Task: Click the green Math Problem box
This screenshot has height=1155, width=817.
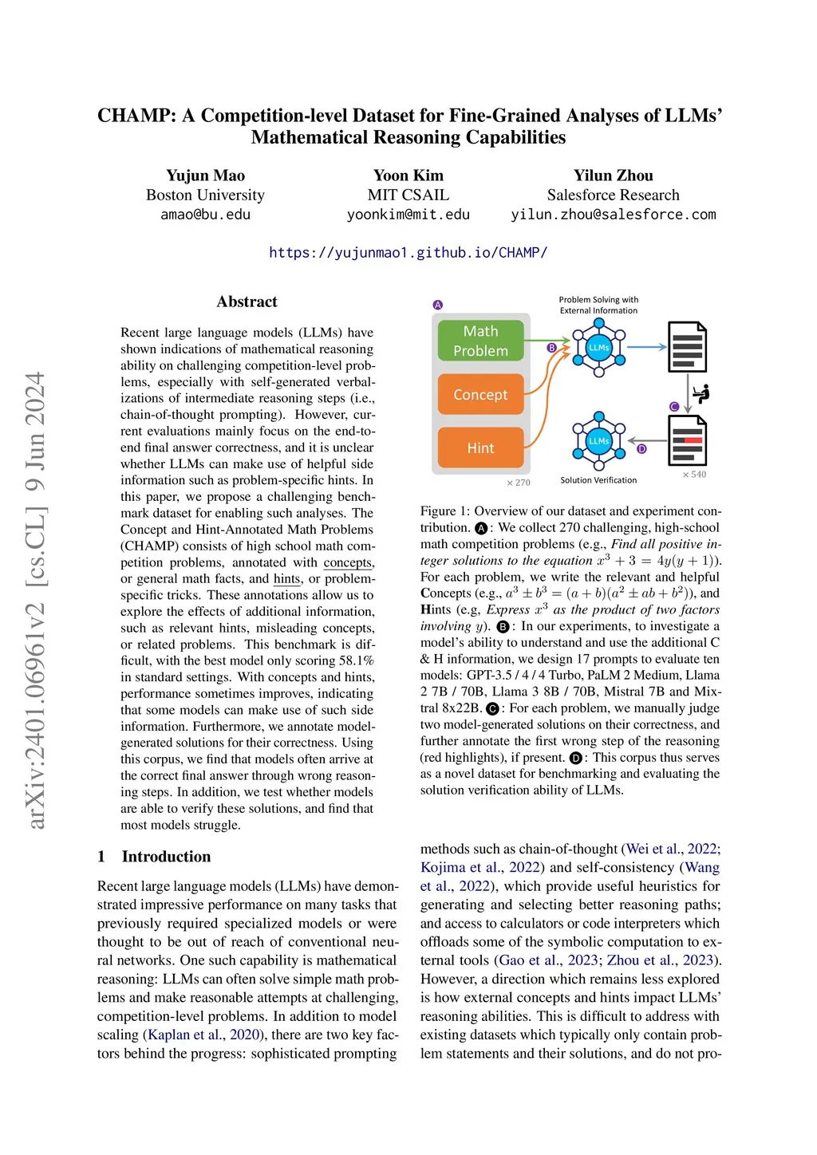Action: click(x=480, y=341)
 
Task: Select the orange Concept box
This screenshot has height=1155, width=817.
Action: click(x=480, y=395)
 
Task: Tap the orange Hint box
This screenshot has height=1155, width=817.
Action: click(x=480, y=448)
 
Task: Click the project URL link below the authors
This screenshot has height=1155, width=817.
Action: click(x=408, y=253)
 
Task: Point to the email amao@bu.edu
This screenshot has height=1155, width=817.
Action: click(x=205, y=215)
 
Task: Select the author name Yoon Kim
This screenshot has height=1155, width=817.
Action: click(x=408, y=175)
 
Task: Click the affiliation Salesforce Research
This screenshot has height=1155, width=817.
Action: click(x=613, y=195)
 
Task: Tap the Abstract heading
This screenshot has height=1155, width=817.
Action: click(x=247, y=302)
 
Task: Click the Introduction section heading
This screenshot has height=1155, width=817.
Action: click(x=166, y=857)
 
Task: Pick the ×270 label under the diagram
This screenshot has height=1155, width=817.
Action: click(x=519, y=483)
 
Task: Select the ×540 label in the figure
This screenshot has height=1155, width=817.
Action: click(x=694, y=475)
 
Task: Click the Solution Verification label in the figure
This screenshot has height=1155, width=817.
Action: click(x=598, y=480)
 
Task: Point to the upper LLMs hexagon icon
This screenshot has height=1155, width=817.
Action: click(x=598, y=347)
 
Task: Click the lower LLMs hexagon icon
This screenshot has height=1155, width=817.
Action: click(x=598, y=440)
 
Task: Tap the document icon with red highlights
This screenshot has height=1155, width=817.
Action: click(x=687, y=440)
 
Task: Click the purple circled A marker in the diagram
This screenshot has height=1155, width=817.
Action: click(x=438, y=305)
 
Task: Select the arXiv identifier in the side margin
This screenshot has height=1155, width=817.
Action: click(x=37, y=598)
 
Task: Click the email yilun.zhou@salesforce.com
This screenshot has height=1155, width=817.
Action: click(x=613, y=215)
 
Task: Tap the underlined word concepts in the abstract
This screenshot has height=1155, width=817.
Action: click(x=348, y=562)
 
